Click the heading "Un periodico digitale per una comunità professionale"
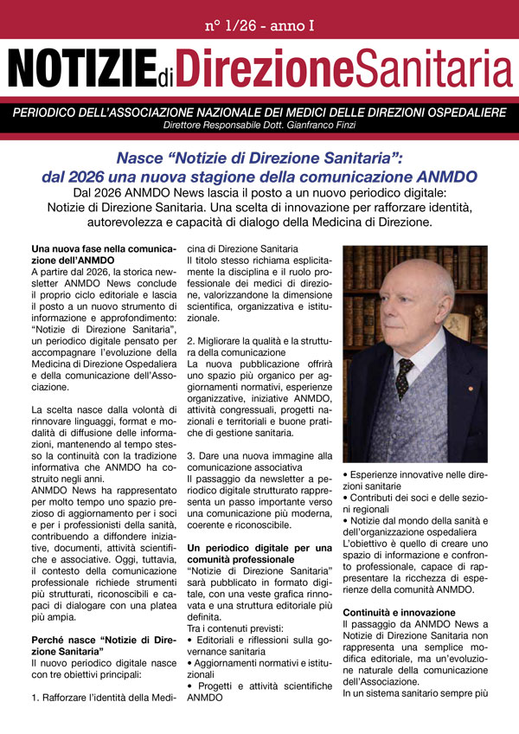point(259,553)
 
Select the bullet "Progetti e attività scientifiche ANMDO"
point(259,713)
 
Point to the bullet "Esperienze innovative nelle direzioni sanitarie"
point(414,480)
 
